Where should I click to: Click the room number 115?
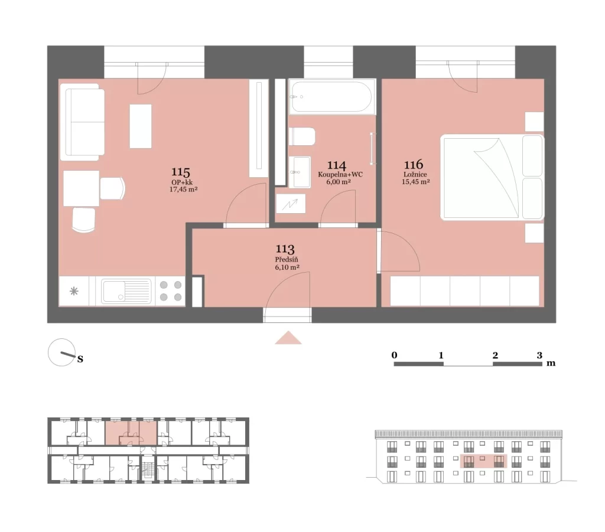(181, 172)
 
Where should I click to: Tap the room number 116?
(414, 165)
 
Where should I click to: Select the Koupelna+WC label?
(340, 174)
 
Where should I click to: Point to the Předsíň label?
(287, 259)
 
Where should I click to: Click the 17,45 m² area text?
(184, 190)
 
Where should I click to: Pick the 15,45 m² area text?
(415, 182)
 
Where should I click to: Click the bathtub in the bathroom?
(332, 97)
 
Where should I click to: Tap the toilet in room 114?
(302, 136)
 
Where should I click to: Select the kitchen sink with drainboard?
(126, 291)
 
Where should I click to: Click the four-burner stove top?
(171, 291)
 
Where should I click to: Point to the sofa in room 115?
(82, 122)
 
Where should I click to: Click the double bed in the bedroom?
(492, 177)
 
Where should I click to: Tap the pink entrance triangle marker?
(288, 338)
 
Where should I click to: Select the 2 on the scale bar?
(495, 355)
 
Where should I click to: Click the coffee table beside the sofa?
(141, 126)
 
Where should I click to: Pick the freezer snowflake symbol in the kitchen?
(74, 291)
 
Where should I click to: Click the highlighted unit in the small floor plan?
(131, 433)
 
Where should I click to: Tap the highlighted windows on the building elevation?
(484, 461)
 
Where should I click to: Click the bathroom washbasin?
(300, 172)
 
